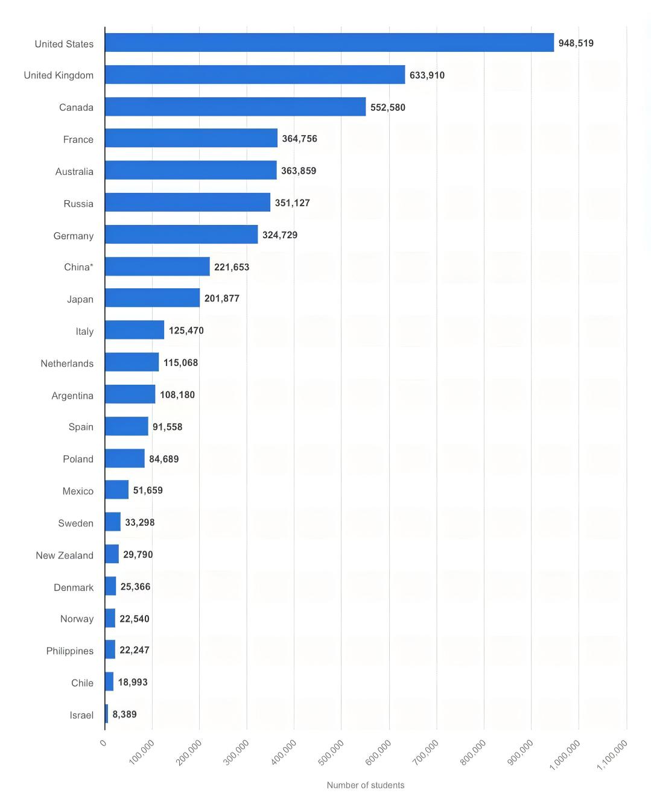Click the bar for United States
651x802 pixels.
(329, 43)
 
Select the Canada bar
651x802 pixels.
(235, 107)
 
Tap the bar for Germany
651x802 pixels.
(181, 235)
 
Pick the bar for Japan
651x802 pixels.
(152, 298)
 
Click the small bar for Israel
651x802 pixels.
(107, 714)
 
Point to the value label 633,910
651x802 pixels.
(427, 75)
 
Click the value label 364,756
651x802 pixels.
(299, 139)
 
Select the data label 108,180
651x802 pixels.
(177, 395)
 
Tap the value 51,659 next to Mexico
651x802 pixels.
(148, 490)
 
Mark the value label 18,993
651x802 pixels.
(133, 682)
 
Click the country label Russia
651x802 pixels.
(78, 204)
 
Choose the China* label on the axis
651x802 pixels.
(78, 267)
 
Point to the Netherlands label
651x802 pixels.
(67, 364)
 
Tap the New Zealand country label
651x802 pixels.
(65, 555)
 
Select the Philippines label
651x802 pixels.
(70, 651)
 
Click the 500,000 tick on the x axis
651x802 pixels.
(331, 752)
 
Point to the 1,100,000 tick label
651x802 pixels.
(612, 754)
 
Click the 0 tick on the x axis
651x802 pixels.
(103, 743)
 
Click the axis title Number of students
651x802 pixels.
(365, 785)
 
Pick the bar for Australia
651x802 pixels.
(191, 171)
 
